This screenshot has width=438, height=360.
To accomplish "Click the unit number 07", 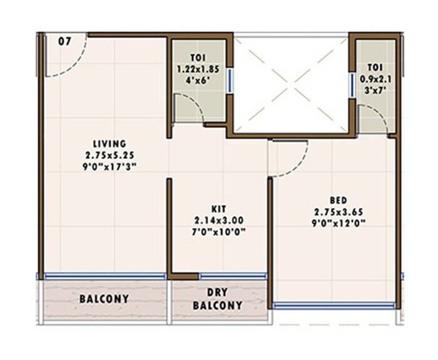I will [64, 42].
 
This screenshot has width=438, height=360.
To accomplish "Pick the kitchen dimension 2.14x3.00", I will [218, 220].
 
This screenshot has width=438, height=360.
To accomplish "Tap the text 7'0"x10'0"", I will [218, 232].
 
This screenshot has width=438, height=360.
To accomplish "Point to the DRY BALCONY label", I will [217, 299].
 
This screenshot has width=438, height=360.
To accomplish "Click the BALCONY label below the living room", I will [104, 299].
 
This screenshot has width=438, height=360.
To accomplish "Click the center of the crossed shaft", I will [290, 85].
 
